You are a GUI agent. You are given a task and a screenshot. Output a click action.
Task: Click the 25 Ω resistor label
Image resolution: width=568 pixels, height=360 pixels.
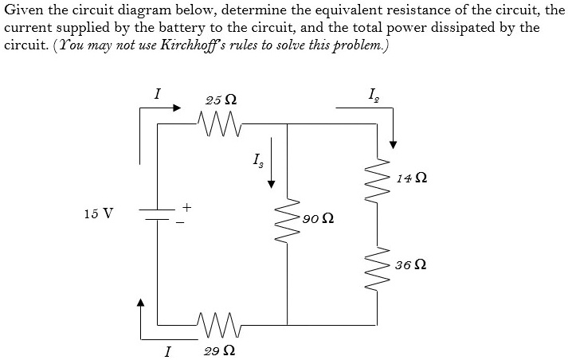[220, 100]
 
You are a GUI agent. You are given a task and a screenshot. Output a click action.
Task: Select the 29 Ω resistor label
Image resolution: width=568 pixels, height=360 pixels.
[219, 350]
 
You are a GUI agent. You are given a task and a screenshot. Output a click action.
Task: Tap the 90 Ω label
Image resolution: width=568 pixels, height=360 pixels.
[318, 217]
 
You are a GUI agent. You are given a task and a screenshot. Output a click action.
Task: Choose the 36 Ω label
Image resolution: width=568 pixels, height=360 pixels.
[410, 264]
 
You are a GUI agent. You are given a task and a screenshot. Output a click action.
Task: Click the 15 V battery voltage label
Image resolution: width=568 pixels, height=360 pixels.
[98, 213]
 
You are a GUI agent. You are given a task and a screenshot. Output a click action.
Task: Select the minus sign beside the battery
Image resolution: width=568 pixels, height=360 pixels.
[179, 221]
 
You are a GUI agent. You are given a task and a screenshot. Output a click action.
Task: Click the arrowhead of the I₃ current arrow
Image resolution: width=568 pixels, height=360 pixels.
[272, 183]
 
